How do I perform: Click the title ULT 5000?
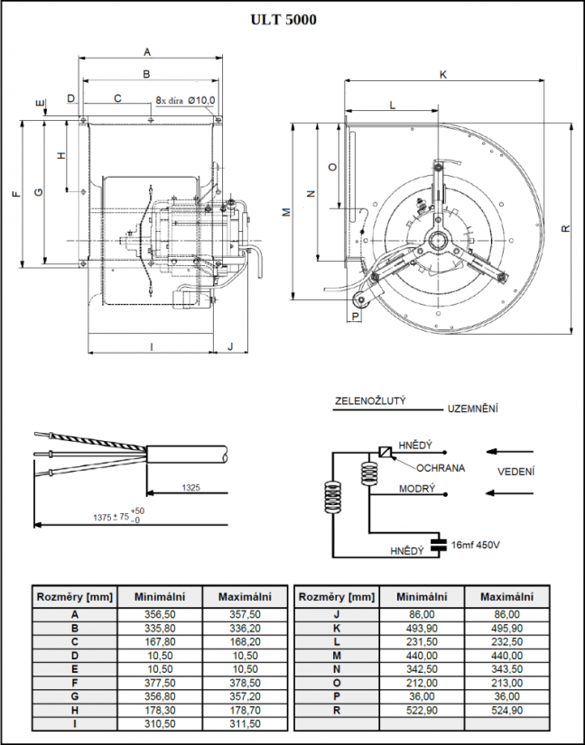click(283, 20)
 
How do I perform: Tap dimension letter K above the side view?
click(443, 75)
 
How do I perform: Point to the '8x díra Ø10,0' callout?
click(185, 101)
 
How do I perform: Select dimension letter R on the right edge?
click(565, 228)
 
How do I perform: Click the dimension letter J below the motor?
click(230, 346)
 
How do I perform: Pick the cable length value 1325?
click(190, 487)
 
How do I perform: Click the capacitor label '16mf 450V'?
click(475, 545)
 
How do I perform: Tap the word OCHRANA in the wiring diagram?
click(441, 468)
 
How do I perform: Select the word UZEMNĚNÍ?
click(473, 409)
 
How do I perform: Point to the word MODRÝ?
click(417, 489)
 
